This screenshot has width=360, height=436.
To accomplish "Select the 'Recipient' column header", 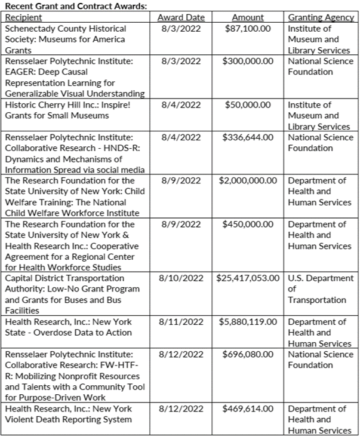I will pos(24,17).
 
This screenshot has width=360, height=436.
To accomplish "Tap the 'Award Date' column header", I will pos(181,17).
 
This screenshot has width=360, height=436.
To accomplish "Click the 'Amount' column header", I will pos(248,17).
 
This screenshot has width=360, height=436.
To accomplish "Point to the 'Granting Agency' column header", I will pos(321,17).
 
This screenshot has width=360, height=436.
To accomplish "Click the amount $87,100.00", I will pos(248,29).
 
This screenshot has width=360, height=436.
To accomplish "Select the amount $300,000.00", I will pos(248,61).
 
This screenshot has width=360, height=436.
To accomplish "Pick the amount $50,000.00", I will pos(249,105).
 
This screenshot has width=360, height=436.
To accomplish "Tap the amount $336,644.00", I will pos(248,137).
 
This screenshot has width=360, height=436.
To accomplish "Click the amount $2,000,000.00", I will pos(248,180).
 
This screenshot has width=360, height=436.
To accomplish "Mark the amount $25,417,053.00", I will pos(248,278).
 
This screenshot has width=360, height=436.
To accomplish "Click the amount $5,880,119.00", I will pos(248,322).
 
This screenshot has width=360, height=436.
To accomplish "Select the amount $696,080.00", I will pos(248,355).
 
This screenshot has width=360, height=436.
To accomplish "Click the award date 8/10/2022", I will pos(181,278).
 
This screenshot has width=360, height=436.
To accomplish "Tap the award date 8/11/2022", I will pos(181,322).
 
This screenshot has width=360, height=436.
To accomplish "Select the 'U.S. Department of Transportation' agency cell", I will pos(321,289).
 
